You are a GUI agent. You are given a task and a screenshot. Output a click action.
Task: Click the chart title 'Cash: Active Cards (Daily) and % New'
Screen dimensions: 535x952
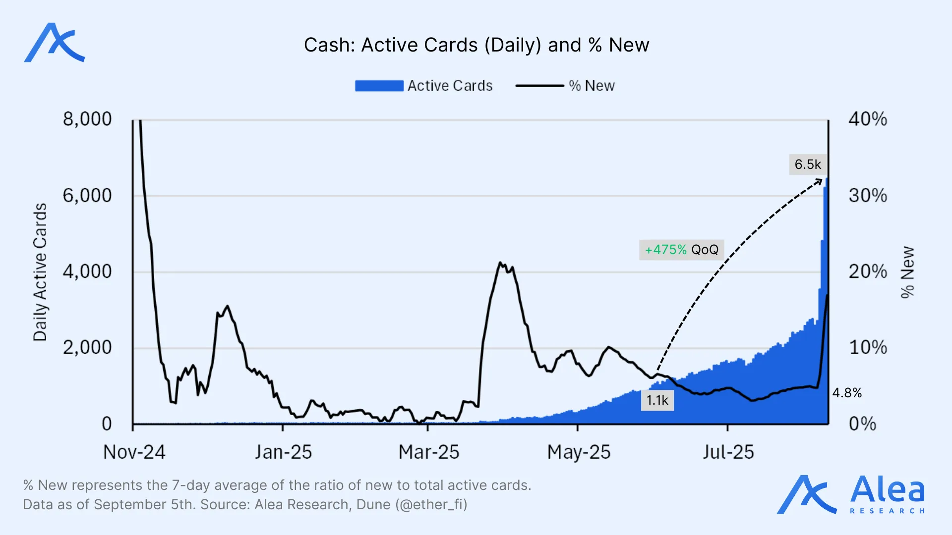click(x=476, y=45)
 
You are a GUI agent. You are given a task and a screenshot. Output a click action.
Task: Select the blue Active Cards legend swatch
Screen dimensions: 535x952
click(x=379, y=86)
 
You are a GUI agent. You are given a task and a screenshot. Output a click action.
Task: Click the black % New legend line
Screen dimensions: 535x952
click(x=539, y=86)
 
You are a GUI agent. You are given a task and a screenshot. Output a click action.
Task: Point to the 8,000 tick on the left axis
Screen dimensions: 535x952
click(x=87, y=119)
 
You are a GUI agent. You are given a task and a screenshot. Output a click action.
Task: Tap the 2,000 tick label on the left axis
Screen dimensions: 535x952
click(x=87, y=348)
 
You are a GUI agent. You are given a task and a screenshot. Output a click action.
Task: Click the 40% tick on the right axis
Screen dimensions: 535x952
click(x=867, y=119)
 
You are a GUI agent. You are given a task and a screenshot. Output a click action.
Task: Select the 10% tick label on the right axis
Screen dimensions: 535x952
click(x=867, y=348)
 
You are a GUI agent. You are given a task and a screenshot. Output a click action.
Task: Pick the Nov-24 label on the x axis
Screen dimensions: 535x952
click(x=134, y=452)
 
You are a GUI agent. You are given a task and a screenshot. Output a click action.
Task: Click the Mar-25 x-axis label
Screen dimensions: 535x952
click(x=429, y=452)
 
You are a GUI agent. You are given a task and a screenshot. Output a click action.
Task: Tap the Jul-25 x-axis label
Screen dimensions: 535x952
click(x=728, y=452)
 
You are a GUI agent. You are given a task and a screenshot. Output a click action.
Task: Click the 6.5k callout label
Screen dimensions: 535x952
click(x=808, y=164)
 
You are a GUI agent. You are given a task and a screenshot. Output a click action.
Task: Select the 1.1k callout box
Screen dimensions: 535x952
click(x=657, y=400)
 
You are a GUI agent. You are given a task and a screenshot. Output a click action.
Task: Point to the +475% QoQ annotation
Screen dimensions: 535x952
click(x=681, y=250)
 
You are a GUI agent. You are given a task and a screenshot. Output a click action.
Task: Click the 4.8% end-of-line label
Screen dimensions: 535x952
click(x=847, y=393)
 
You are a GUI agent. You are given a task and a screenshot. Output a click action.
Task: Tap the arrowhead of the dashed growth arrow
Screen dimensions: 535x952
click(x=819, y=182)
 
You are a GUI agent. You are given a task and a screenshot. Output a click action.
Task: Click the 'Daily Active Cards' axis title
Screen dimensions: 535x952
click(x=40, y=272)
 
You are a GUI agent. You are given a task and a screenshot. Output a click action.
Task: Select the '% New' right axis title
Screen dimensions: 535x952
click(x=907, y=272)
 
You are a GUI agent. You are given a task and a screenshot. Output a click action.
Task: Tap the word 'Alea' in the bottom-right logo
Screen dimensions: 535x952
click(x=888, y=490)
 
